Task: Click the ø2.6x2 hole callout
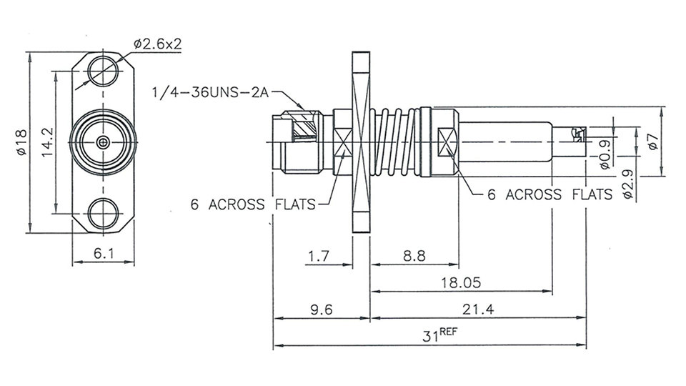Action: coord(157,44)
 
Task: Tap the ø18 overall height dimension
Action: coord(21,143)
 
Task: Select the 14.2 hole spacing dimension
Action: coord(48,143)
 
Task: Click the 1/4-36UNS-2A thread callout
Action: coord(212,92)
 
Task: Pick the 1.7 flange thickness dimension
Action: coord(319,255)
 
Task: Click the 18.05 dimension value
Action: coord(461,282)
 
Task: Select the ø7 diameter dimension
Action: coord(652,142)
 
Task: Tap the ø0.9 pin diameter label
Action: coord(605,152)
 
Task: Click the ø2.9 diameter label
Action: coord(627,183)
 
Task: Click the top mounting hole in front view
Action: coord(104,71)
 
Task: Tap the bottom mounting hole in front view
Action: coord(104,214)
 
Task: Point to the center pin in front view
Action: coord(104,142)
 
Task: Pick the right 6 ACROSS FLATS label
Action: coord(550,194)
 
